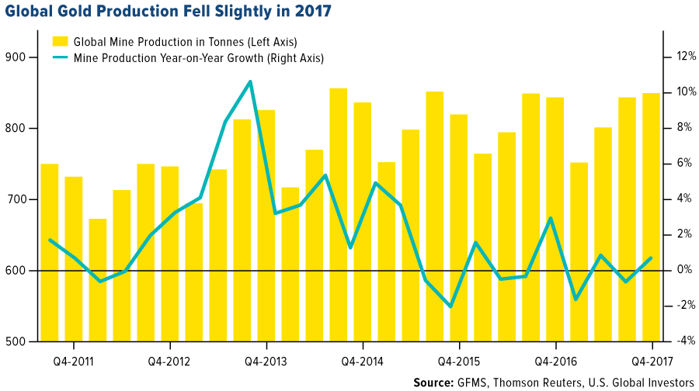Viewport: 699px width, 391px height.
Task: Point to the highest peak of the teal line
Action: [x=249, y=81]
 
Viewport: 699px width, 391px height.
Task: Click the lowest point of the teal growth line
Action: [x=451, y=306]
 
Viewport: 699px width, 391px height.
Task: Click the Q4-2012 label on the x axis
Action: [x=169, y=361]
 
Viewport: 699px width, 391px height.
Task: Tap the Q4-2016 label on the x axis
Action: [x=555, y=361]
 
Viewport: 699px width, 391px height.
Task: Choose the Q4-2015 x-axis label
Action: [x=458, y=361]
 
